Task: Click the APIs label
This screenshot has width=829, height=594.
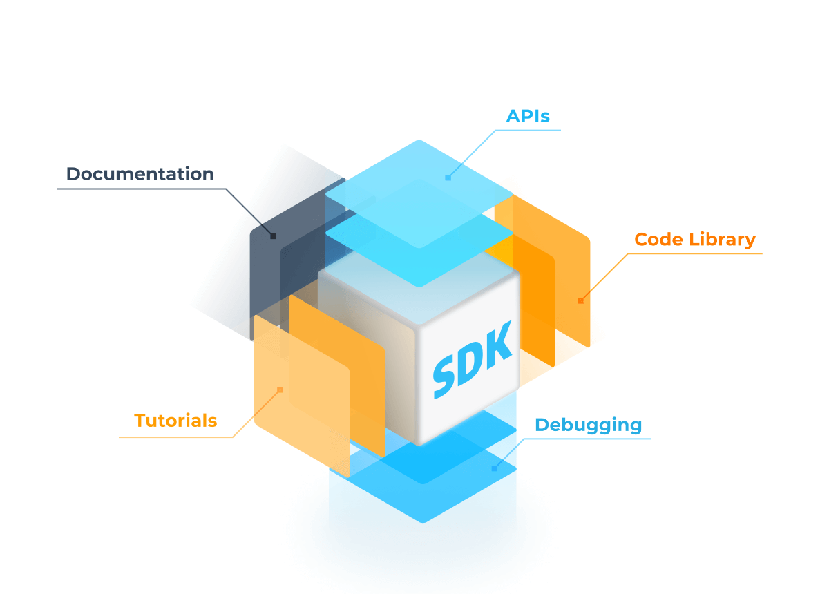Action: (528, 116)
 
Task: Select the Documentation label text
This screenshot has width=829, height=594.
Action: (140, 174)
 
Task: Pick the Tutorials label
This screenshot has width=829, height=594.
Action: (175, 421)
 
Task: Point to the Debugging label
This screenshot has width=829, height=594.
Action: (588, 425)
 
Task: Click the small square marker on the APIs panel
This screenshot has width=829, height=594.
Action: (448, 178)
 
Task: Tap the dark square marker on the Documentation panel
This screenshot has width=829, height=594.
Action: (273, 236)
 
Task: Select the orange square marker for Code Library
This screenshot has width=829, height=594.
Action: (580, 300)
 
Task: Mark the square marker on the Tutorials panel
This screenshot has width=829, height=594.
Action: (280, 390)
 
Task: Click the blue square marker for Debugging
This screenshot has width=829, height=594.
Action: (494, 468)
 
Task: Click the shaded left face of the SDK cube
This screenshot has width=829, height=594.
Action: (366, 359)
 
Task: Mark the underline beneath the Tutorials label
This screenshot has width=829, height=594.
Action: (176, 437)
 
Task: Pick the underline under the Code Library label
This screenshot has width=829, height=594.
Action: (694, 253)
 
